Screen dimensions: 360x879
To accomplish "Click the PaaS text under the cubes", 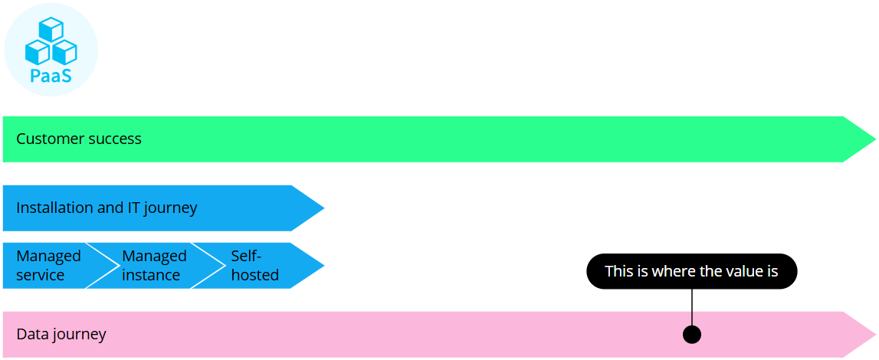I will [51, 75].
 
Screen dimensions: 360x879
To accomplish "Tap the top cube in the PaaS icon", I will [51, 29].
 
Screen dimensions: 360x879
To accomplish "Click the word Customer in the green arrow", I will [48, 139].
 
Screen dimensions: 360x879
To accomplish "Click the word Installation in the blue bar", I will [56, 208].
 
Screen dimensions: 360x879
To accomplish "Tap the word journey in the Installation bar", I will [172, 208].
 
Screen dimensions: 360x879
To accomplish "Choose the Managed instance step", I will [153, 266].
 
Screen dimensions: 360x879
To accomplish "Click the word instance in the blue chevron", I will [151, 275].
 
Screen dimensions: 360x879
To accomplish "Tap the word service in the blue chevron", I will [41, 275].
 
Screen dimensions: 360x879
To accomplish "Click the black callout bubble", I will [691, 271].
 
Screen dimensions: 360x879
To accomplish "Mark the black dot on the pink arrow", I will [691, 334].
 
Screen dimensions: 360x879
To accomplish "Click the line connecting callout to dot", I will [691, 306].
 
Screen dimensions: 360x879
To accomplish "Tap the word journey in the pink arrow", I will [80, 335].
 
